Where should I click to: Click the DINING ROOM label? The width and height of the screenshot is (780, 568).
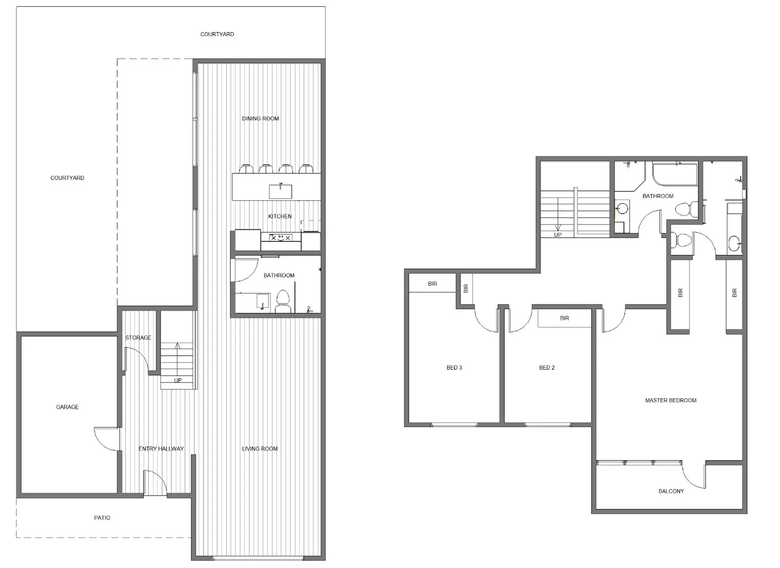[260, 118]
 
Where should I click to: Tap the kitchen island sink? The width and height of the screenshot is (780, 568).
[280, 190]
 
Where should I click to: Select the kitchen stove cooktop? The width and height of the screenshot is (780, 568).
[280, 238]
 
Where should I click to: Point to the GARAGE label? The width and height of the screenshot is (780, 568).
[67, 407]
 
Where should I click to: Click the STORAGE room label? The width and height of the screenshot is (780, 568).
[138, 338]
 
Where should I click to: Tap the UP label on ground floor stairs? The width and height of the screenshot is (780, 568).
[178, 380]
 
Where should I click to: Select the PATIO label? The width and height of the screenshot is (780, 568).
[102, 518]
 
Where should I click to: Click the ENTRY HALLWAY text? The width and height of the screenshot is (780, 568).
[161, 449]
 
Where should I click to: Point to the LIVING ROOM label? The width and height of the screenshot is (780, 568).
[260, 449]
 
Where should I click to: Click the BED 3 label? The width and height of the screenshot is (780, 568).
[454, 368]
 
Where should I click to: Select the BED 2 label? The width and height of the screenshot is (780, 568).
[547, 368]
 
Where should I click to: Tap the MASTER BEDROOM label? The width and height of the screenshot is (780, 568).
[671, 400]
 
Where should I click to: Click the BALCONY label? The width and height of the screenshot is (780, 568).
[671, 491]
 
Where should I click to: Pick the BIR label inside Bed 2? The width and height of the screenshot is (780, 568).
[564, 318]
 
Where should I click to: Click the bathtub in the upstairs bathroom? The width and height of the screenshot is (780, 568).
[675, 174]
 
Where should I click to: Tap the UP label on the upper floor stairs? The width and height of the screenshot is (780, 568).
[558, 235]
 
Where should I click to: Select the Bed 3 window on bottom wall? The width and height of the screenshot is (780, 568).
[454, 424]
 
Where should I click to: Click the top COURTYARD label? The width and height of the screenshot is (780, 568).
[217, 34]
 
